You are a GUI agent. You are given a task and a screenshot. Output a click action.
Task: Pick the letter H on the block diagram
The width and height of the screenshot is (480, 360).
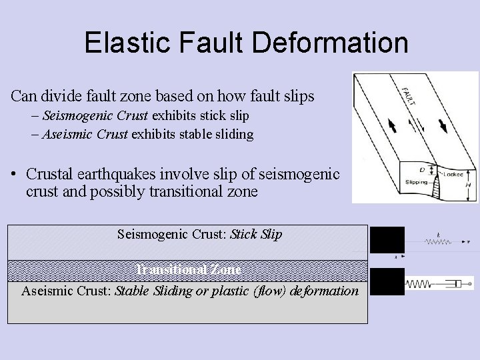468,185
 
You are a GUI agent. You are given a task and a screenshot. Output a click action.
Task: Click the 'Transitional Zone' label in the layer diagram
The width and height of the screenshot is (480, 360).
189,270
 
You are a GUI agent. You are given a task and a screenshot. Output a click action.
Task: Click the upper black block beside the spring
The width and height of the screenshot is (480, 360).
387,239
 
